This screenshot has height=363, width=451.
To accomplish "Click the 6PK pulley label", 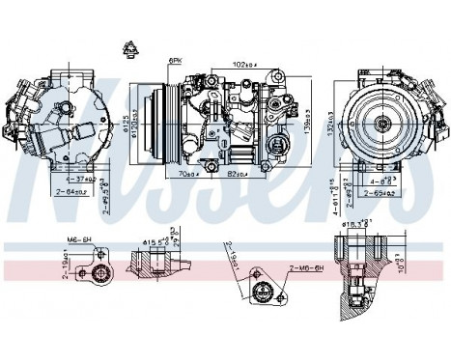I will click(x=176, y=61).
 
